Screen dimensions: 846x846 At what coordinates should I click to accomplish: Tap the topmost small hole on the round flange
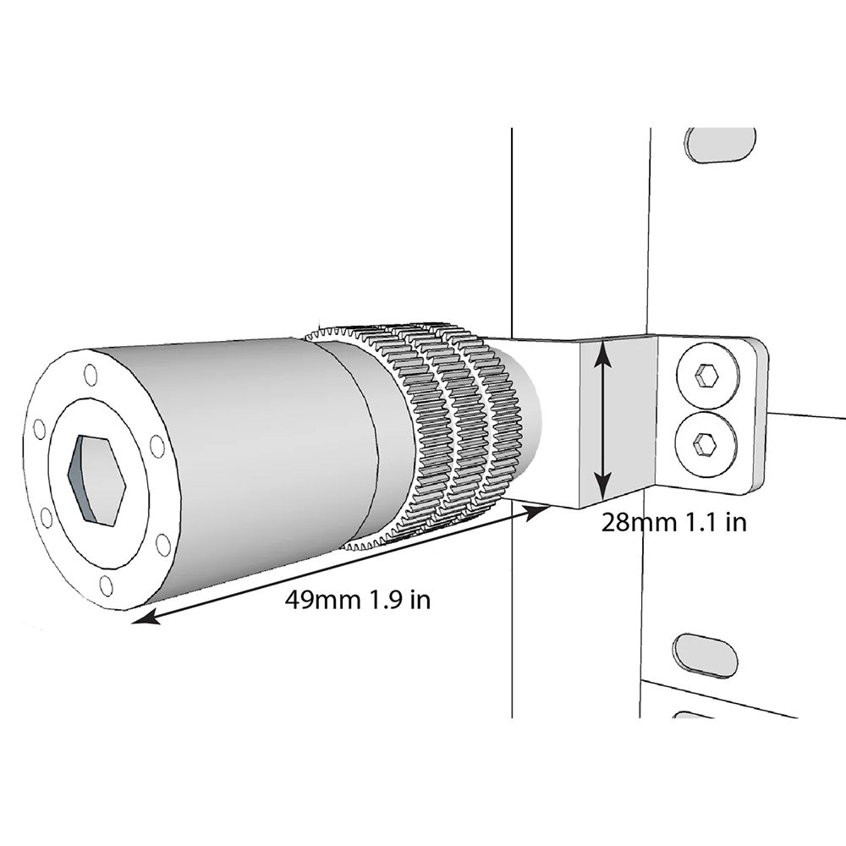[91, 374]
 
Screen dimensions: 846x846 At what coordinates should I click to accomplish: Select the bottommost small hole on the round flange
[107, 585]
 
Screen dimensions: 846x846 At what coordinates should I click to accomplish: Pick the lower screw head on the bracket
[706, 442]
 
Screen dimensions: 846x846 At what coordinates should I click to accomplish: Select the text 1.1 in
[712, 522]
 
